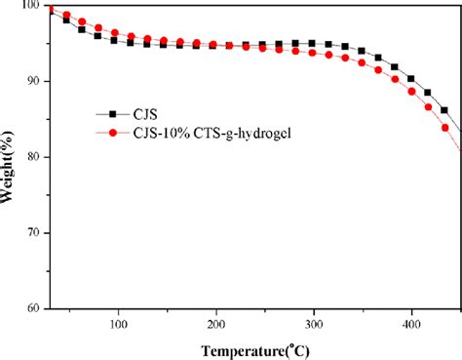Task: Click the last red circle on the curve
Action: (445, 128)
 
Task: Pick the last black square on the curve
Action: (444, 110)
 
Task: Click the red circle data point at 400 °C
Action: (411, 92)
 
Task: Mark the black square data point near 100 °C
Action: (114, 40)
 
